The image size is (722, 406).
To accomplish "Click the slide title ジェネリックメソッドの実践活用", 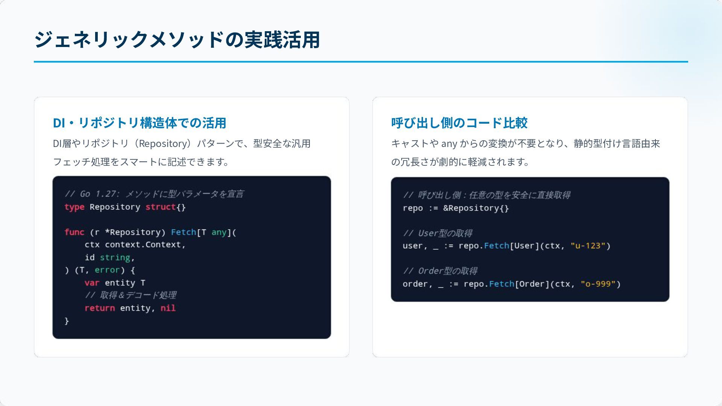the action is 177,40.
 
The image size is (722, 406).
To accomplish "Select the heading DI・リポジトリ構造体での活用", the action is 140,123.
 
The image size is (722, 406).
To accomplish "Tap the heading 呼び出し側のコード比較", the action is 459,123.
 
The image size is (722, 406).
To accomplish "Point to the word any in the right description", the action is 449,144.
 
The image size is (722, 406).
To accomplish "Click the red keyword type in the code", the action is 74,207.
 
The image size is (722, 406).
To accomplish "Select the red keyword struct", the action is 160,207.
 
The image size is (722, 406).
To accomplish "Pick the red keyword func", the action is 74,232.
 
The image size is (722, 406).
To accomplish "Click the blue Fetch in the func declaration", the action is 184,232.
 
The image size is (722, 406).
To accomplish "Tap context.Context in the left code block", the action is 143,245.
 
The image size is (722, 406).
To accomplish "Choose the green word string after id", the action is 115,258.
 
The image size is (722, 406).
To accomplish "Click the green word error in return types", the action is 107,270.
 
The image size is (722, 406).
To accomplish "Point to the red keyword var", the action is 92,283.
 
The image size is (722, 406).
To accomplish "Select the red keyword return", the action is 100,308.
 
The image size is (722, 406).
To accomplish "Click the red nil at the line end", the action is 168,308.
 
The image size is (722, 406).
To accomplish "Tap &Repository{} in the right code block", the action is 476,208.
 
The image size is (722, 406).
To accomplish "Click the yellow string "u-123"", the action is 588,246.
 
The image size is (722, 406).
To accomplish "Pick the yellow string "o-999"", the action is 598,284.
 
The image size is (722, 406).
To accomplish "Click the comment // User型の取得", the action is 437,233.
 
